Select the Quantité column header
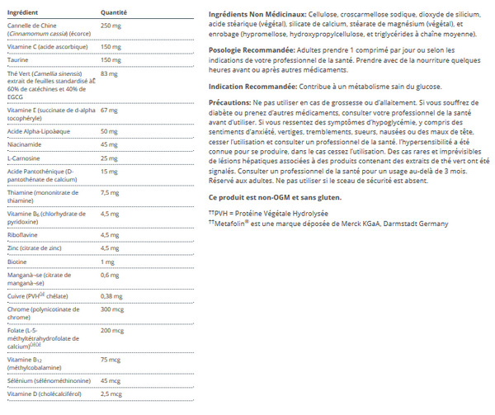pyautogui.click(x=114, y=13)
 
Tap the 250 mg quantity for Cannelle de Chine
pyautogui.click(x=111, y=25)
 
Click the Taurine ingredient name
pyautogui.click(x=18, y=60)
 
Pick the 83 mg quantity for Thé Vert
pyautogui.click(x=109, y=73)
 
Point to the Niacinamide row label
pyautogui.click(x=25, y=144)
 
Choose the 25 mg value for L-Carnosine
pyautogui.click(x=109, y=158)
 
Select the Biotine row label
pyautogui.click(x=18, y=262)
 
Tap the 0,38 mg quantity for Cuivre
pyautogui.click(x=112, y=295)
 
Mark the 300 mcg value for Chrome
pyautogui.click(x=112, y=309)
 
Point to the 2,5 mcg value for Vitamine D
pyautogui.click(x=112, y=394)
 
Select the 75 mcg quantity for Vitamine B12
pyautogui.click(x=111, y=361)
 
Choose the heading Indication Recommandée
pyautogui.click(x=250, y=87)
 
